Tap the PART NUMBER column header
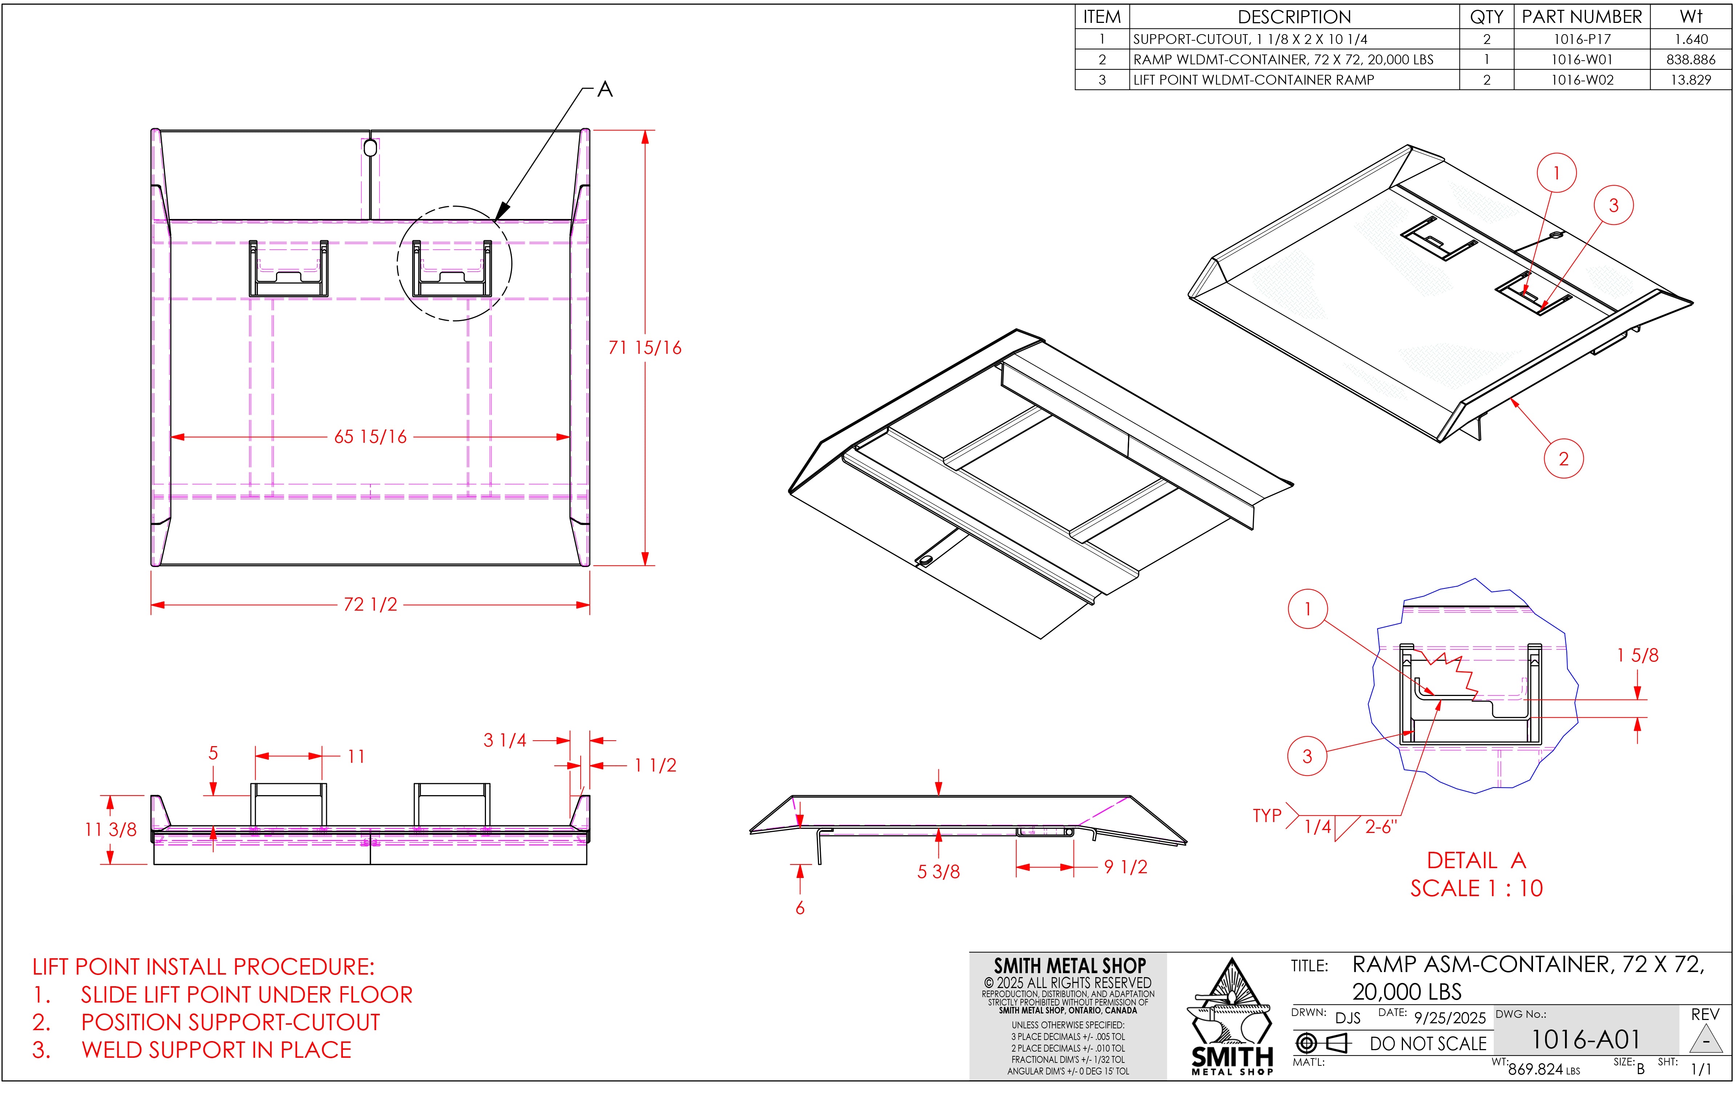click(1582, 17)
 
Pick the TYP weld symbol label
click(1267, 815)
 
